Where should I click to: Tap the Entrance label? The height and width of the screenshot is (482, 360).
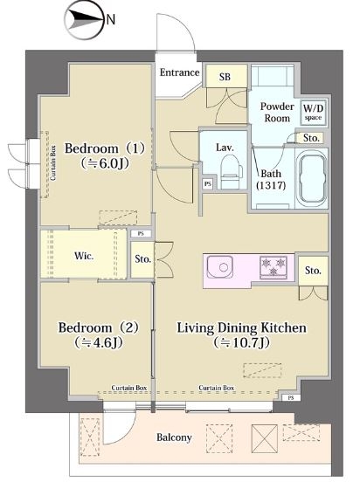(x=180, y=72)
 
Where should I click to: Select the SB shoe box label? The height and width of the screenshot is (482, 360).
(x=225, y=77)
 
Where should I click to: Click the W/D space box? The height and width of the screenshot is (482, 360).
(x=313, y=112)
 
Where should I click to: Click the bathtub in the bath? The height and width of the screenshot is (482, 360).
(x=312, y=178)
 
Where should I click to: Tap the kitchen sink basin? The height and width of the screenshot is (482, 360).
(x=219, y=267)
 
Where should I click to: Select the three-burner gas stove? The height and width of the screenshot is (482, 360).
(x=273, y=267)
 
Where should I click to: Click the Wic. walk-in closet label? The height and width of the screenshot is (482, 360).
(x=84, y=256)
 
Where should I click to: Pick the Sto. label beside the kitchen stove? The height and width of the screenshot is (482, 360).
(x=313, y=271)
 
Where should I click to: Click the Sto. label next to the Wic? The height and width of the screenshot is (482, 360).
(x=142, y=258)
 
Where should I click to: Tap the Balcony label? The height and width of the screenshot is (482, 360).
(x=174, y=437)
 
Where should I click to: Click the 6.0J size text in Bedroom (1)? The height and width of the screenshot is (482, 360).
(x=105, y=163)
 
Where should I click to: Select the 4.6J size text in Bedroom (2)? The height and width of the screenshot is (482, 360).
(x=99, y=342)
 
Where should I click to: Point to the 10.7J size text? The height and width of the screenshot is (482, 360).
(x=241, y=342)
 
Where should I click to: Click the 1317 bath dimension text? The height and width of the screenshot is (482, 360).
(x=271, y=185)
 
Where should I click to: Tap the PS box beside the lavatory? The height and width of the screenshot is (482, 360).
(x=208, y=184)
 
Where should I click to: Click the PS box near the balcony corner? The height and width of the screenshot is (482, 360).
(x=291, y=397)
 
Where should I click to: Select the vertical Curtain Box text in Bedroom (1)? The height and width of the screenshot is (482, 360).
(x=53, y=162)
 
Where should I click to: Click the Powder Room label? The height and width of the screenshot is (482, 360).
(x=277, y=112)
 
